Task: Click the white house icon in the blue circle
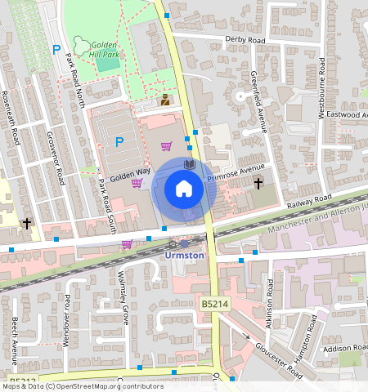pos(184,189)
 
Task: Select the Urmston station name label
pos(184,254)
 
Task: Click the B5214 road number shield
pos(214,303)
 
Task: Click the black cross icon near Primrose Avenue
pos(258,183)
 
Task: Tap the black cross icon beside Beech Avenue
pos(27,222)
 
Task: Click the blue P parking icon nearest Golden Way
pos(119,142)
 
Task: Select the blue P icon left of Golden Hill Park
pos(56,50)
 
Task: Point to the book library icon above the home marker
pos(189,165)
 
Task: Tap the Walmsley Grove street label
pos(124,292)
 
